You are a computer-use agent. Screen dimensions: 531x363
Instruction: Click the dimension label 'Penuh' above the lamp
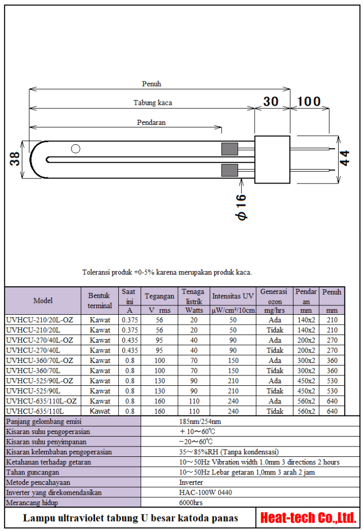tap(151, 83)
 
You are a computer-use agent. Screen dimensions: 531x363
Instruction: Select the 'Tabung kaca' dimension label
tap(152, 103)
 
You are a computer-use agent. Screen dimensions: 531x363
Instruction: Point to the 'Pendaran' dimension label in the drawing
tap(151, 122)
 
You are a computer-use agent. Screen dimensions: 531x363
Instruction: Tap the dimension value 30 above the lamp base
tap(271, 102)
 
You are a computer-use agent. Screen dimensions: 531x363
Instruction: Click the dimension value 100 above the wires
tap(310, 102)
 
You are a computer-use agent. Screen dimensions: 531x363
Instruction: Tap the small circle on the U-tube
tap(76, 149)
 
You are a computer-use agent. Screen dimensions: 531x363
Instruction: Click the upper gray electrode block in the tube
tap(229, 149)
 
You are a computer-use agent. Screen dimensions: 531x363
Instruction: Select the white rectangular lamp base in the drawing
tap(272, 159)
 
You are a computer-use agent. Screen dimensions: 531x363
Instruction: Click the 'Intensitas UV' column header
tap(233, 296)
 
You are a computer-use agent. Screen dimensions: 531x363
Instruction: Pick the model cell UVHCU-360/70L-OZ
tap(40, 360)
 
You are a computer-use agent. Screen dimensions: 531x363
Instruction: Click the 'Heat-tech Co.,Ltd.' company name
tap(308, 518)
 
